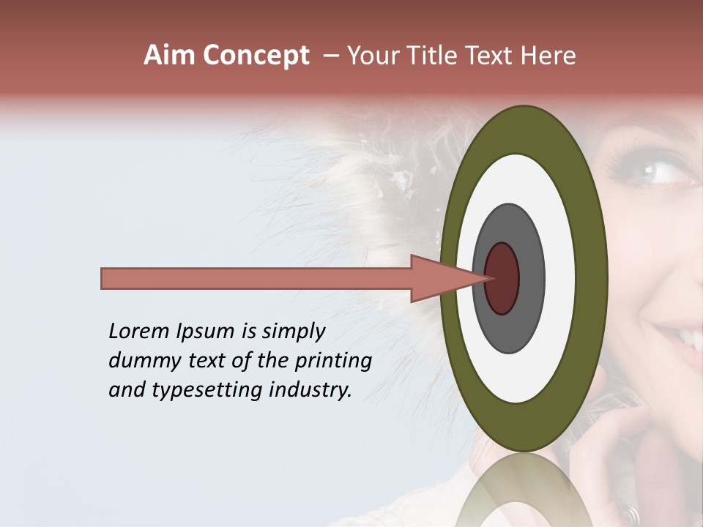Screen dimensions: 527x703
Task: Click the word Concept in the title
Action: click(256, 56)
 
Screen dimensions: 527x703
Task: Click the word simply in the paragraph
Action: click(293, 332)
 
